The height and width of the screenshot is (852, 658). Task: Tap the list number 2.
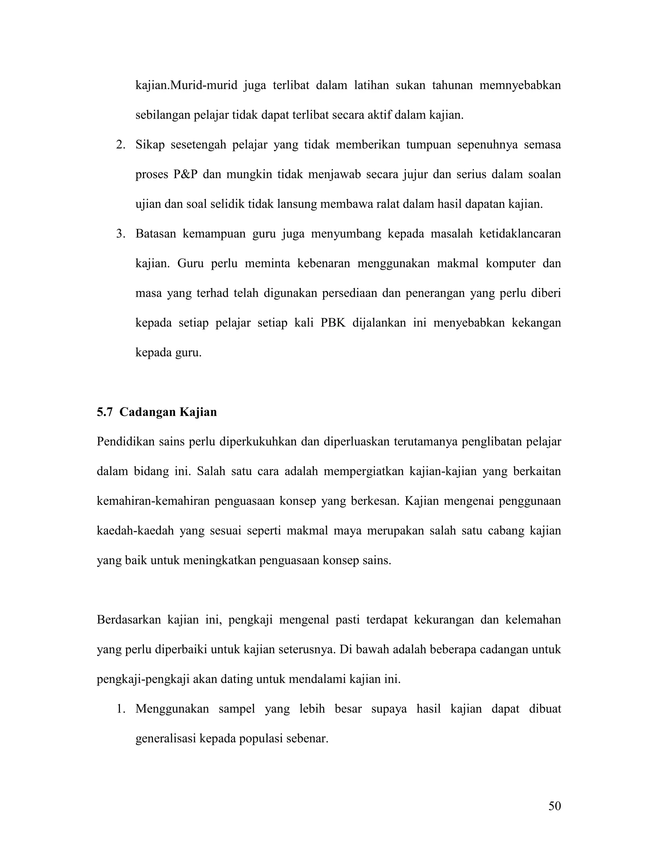tap(121, 145)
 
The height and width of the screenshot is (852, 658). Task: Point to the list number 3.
tap(121, 234)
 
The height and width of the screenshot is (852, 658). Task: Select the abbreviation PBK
tap(333, 323)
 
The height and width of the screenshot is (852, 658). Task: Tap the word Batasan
tap(156, 234)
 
